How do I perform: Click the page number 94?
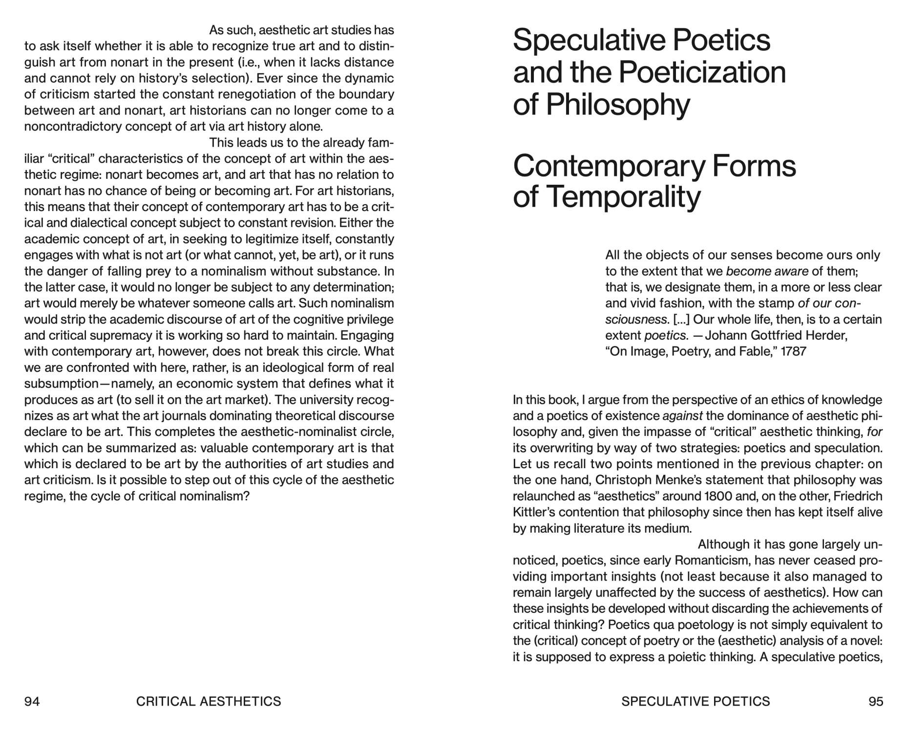pos(32,701)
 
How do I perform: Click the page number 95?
pos(876,701)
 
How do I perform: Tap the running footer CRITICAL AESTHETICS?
pos(209,701)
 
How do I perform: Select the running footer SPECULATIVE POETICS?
pos(696,701)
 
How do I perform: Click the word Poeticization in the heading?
pos(702,72)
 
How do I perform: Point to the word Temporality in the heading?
pos(623,197)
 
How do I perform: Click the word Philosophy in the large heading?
pos(618,105)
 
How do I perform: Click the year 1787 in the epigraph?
pos(794,351)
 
